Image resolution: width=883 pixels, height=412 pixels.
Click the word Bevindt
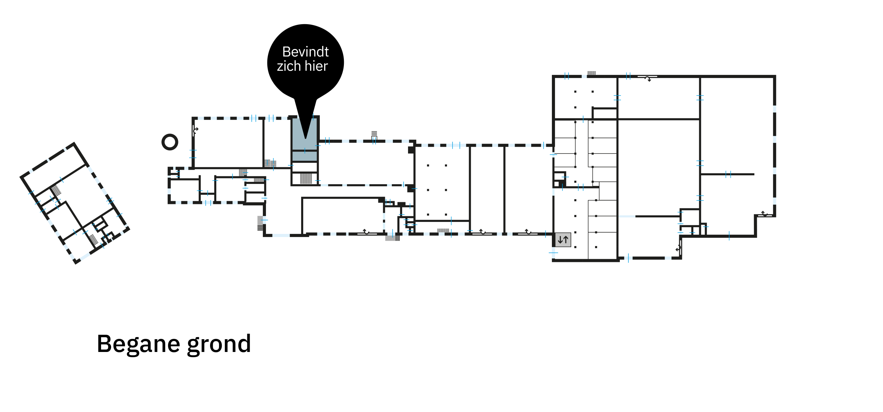pyautogui.click(x=305, y=52)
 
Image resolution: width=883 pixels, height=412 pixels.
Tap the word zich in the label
pyautogui.click(x=289, y=66)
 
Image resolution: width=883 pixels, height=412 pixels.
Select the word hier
pyautogui.click(x=316, y=66)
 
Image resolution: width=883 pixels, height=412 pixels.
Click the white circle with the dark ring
pyautogui.click(x=170, y=142)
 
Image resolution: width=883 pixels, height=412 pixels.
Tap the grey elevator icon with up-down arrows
pyautogui.click(x=563, y=239)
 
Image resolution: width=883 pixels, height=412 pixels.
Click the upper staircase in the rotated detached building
pyautogui.click(x=56, y=190)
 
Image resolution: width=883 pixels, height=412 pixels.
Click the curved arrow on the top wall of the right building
pyautogui.click(x=648, y=79)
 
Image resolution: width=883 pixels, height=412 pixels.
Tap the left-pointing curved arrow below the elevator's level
pyautogui.click(x=678, y=248)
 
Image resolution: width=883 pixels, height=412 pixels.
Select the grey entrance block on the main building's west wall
pyautogui.click(x=260, y=223)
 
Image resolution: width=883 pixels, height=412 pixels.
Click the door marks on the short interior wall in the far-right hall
pyautogui.click(x=728, y=174)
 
